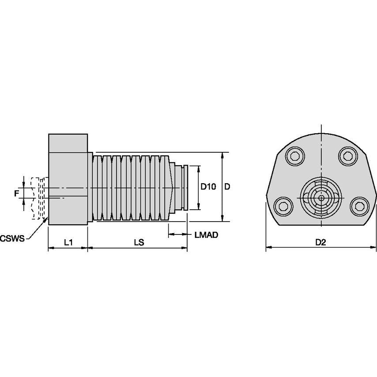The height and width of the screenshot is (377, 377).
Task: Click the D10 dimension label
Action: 208,187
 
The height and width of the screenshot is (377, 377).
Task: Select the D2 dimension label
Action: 321,242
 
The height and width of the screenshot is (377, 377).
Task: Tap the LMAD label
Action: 206,235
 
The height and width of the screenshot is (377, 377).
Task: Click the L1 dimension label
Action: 68,242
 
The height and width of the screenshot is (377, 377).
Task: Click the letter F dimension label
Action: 16,193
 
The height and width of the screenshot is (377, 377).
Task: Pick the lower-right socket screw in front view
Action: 359,205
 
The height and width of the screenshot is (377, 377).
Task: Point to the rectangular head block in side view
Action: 68,179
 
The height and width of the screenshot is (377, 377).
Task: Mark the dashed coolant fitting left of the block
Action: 38,198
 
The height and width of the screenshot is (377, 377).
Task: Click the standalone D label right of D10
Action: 227,187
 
